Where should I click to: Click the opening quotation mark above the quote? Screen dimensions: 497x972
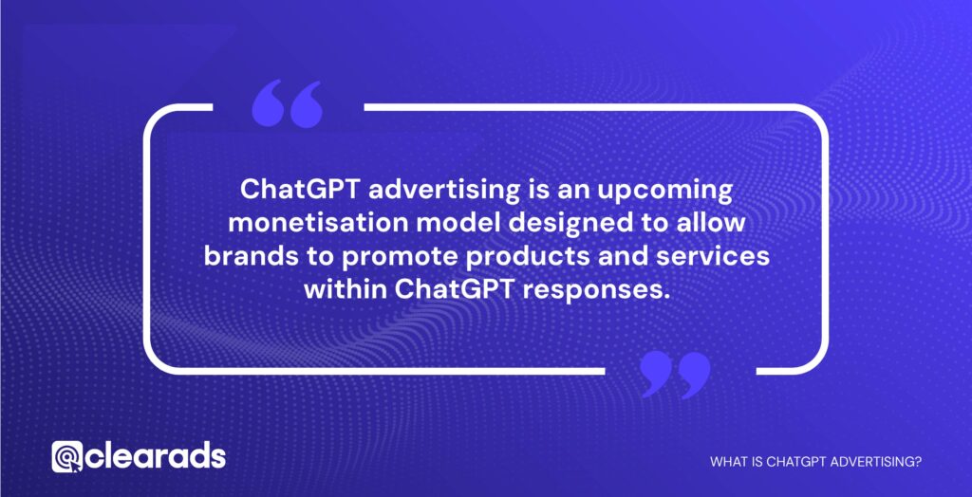click(x=289, y=106)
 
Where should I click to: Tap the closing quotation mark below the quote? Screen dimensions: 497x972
click(x=675, y=373)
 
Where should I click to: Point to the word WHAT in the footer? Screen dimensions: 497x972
click(x=727, y=462)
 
